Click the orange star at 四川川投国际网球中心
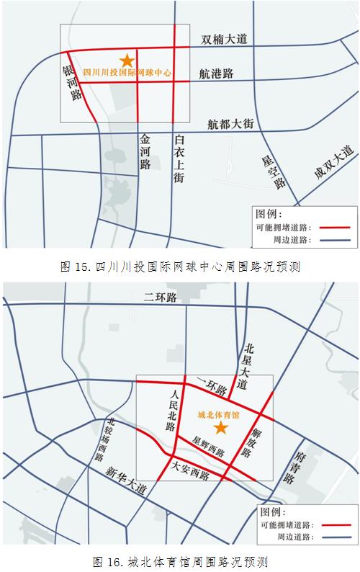coord(127,61)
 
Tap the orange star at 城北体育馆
coord(221,428)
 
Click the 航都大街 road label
coord(230,124)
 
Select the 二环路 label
coord(163,297)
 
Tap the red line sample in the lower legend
coord(330,524)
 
